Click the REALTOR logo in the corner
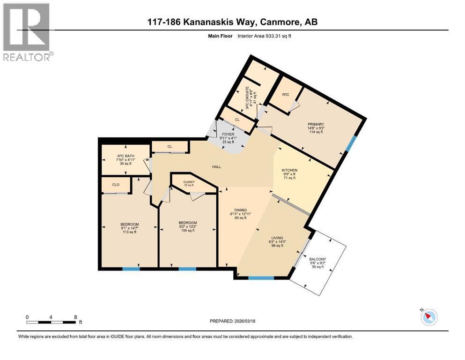point(27,31)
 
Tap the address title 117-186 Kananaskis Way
point(232,22)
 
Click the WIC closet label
point(285,94)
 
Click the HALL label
point(216,166)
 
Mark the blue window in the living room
point(261,278)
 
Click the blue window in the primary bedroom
point(349,143)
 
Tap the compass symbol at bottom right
point(428,317)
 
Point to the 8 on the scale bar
point(75,317)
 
